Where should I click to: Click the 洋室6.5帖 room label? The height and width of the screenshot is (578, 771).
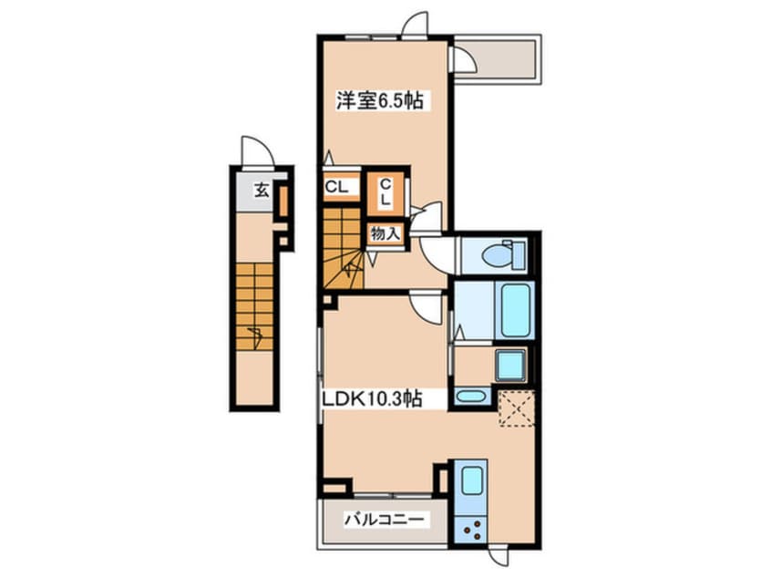pos(379,101)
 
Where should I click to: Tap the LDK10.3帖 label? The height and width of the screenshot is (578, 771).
pos(372,398)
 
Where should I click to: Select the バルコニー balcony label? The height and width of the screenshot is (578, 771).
pos(384,520)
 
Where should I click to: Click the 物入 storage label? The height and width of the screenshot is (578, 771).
pos(386,233)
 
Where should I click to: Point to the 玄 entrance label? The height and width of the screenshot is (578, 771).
pos(262,190)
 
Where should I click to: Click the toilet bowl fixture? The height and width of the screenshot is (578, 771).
pos(503,254)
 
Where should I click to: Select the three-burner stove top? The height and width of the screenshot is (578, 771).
pos(471,530)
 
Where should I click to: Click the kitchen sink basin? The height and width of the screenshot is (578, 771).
pos(471,478)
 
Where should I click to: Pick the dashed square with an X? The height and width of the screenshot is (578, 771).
pos(517,408)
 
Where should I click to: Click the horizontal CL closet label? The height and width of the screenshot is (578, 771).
pos(337,187)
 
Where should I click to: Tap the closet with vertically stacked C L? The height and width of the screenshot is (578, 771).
pos(386,192)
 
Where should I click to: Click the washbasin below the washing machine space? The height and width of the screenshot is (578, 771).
pos(471,396)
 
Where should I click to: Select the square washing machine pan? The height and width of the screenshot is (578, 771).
pos(511,365)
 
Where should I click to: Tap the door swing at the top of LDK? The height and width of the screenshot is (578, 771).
pos(427,307)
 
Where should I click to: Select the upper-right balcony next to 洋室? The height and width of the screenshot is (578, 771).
pos(495,59)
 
